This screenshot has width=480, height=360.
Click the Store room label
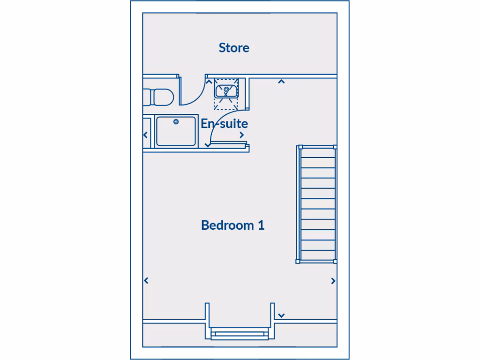234,48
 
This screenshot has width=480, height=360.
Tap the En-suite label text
224,124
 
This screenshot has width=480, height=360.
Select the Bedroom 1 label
232,225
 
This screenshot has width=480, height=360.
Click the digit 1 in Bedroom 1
261,225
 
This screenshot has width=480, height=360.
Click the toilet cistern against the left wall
147,97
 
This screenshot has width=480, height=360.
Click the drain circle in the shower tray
176,122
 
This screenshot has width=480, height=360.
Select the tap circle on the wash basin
226,88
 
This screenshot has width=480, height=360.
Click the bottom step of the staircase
318,255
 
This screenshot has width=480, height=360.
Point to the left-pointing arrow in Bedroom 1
146,281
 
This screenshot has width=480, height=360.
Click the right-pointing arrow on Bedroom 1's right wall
333,281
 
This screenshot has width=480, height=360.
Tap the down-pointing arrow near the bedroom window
281,315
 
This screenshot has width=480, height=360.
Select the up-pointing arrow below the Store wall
281,82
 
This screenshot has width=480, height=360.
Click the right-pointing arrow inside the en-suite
242,135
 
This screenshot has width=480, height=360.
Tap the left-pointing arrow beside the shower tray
145,135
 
